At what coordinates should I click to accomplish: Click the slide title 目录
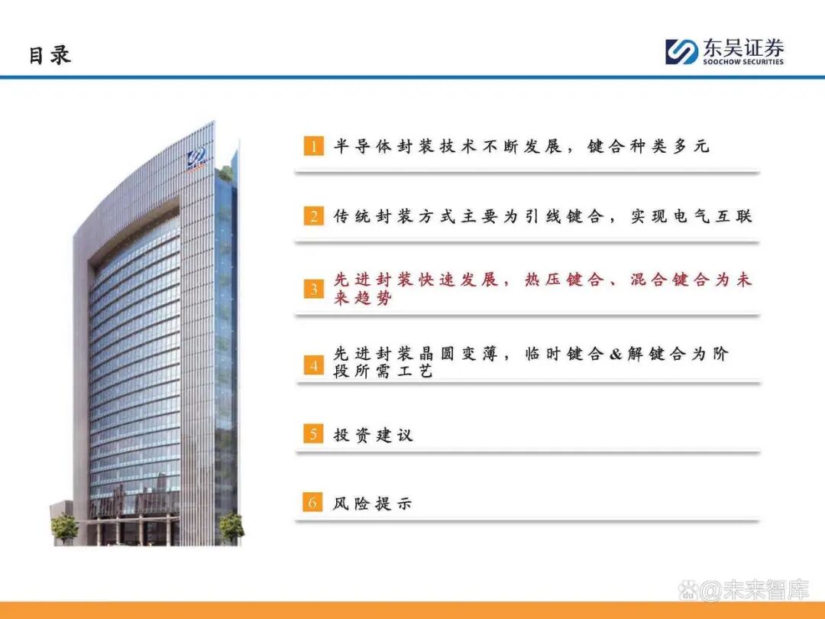50,55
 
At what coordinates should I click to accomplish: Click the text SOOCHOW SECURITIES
743,62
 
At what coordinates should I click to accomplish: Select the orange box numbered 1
313,147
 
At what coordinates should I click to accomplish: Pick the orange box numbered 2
313,216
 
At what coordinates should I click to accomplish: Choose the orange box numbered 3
313,289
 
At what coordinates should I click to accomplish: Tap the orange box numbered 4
313,365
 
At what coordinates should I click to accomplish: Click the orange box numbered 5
313,435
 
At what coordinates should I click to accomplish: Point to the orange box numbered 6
313,503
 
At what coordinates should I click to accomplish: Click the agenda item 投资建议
374,435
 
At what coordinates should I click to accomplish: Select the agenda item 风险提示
374,503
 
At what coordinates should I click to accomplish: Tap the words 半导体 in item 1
357,146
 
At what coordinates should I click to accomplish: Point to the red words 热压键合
564,280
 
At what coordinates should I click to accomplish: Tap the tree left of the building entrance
64,526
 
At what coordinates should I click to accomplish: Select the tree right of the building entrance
230,524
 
